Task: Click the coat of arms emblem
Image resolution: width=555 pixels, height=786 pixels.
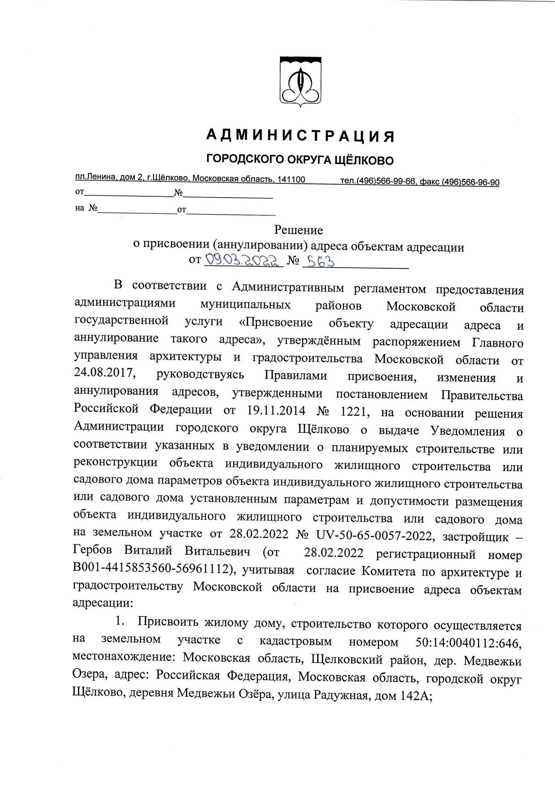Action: point(300,81)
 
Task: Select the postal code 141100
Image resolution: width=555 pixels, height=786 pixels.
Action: point(291,180)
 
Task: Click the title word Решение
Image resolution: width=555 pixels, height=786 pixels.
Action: point(298,230)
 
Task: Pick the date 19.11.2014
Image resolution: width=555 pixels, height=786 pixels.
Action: point(276,410)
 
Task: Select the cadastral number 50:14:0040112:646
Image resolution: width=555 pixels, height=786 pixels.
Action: point(468,642)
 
